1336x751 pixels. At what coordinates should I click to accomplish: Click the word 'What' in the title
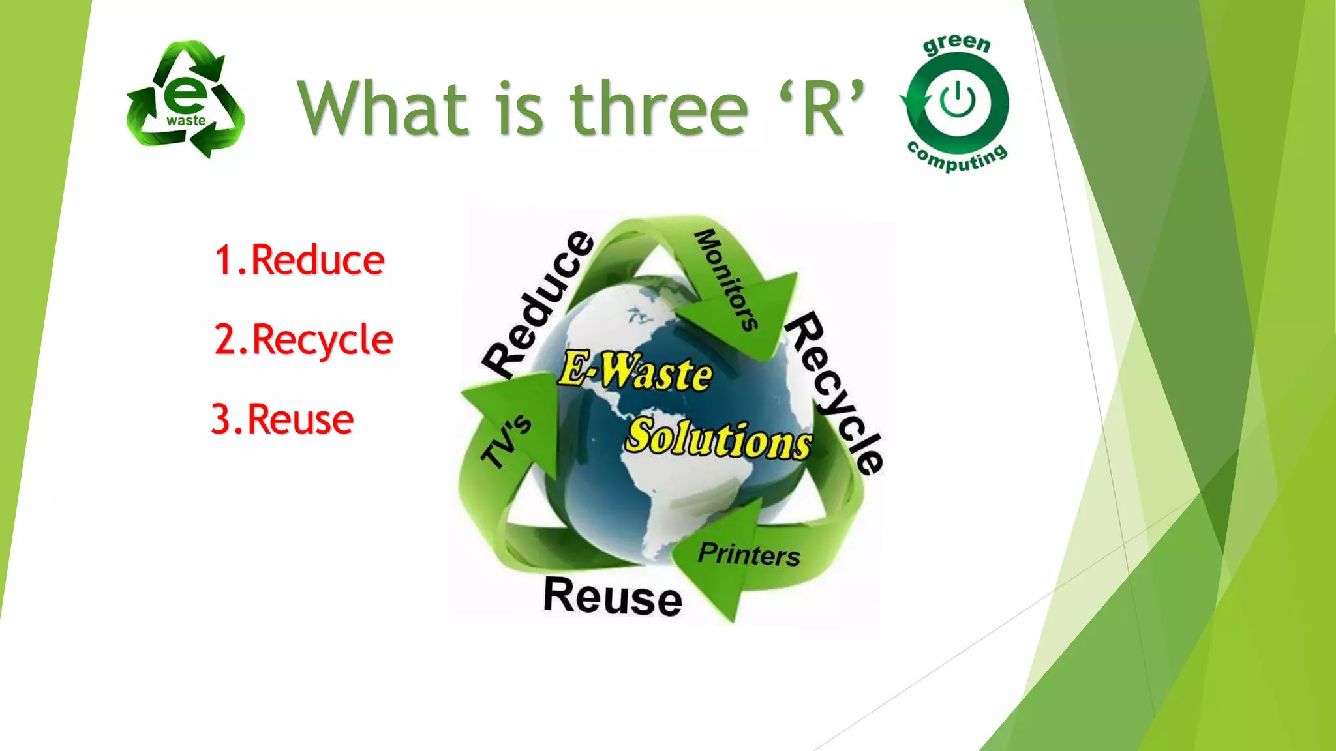383,108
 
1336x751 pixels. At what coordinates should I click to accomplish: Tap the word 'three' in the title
659,109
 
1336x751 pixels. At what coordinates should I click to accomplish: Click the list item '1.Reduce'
299,260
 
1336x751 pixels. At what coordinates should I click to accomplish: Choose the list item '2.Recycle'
304,340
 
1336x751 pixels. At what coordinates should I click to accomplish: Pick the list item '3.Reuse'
282,419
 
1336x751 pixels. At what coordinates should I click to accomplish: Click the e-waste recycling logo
186,99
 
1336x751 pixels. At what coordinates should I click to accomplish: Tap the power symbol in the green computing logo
958,102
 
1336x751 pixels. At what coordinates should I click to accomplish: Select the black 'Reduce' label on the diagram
538,304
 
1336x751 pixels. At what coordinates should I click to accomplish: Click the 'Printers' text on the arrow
749,555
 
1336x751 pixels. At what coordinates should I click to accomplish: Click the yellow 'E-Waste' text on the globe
635,371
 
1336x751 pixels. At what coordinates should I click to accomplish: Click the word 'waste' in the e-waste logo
186,121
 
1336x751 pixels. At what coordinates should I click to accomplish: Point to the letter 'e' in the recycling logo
185,95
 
